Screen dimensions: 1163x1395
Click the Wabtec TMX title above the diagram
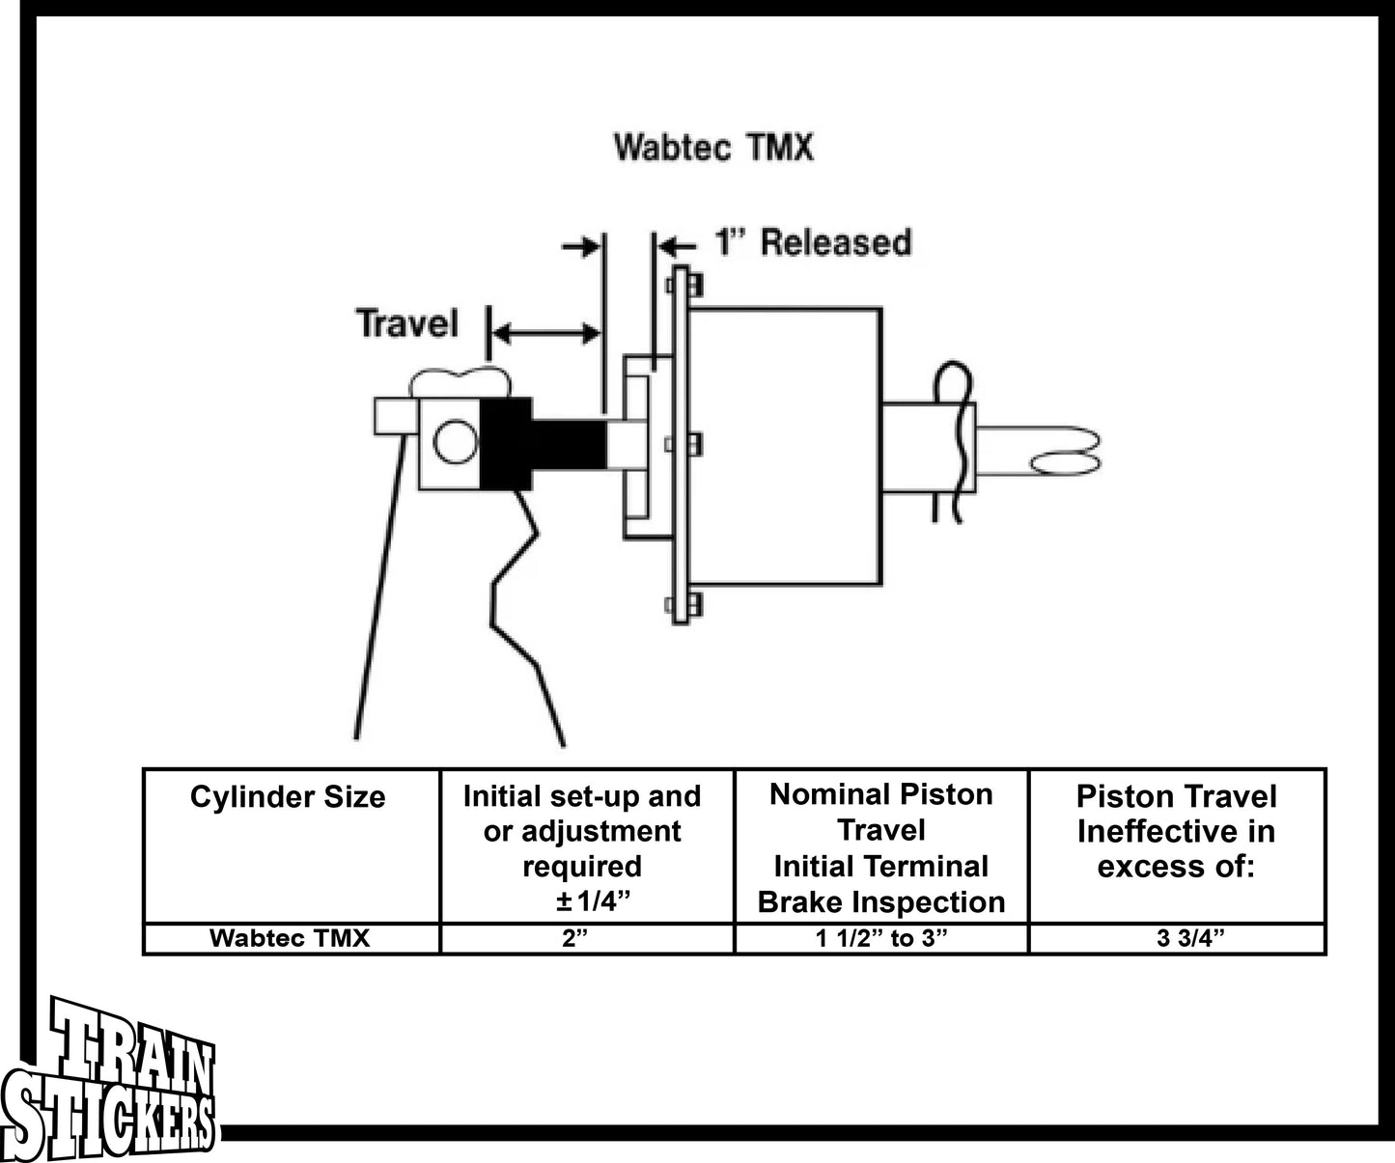713,148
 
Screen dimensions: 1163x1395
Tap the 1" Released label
812,241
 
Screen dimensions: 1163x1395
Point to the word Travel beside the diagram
406,323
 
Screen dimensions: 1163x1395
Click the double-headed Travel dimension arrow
546,334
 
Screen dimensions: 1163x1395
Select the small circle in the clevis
455,444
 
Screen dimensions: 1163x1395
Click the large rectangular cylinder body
784,446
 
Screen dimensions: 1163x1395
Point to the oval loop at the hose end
1067,464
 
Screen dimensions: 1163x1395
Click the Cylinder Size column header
288,797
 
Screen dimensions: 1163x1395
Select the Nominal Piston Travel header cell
881,847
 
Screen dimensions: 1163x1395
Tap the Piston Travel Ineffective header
1176,831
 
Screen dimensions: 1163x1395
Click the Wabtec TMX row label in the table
290,938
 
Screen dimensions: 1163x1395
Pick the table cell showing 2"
576,938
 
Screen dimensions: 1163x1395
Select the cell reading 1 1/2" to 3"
881,938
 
